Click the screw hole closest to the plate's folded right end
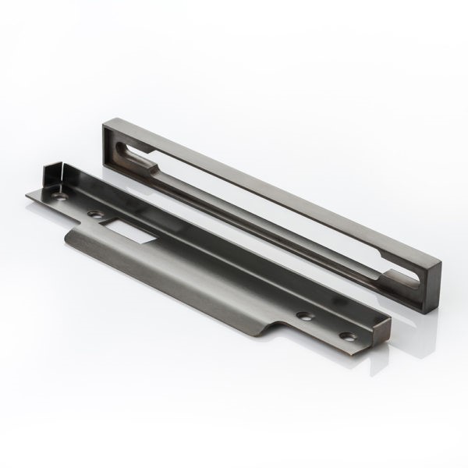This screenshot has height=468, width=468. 346,336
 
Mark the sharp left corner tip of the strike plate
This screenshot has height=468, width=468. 26,197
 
